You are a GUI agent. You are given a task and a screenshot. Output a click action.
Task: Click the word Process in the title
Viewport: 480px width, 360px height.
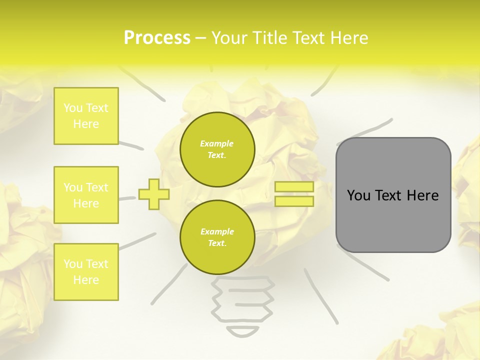coord(157,38)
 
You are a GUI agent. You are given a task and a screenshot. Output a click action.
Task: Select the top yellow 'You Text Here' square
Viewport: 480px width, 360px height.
coord(86,116)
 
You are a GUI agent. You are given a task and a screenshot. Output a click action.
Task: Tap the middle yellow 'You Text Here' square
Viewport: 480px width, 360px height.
coord(86,195)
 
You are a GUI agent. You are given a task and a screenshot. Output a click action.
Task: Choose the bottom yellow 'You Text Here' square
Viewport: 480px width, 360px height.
coord(86,272)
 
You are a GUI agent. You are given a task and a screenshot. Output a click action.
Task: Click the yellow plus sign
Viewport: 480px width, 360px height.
coord(154,194)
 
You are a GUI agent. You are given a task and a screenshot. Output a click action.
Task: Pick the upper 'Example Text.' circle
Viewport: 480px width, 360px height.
coord(217,149)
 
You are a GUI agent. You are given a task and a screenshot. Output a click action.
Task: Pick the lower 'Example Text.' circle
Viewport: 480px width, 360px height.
coord(217,237)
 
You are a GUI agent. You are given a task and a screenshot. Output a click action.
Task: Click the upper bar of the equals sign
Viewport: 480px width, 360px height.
coord(294,187)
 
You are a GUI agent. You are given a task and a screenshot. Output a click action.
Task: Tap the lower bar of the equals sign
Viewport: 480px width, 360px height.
coord(294,201)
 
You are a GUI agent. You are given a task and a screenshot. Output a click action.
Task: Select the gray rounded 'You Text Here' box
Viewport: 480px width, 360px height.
coord(393,195)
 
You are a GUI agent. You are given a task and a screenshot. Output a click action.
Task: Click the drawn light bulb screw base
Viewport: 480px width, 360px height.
coord(243,300)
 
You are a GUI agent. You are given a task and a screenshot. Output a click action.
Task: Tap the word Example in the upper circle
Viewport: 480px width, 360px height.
coord(217,143)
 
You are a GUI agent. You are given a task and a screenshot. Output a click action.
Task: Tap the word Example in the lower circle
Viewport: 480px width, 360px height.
coord(217,231)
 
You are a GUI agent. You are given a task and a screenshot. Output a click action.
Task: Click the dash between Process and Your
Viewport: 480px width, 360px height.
coord(200,38)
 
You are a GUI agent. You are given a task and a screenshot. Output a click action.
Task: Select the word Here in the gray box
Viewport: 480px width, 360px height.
coord(422,195)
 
